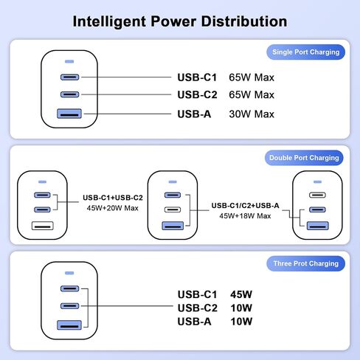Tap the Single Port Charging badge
[305, 52]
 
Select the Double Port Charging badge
[304, 158]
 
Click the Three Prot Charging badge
[305, 263]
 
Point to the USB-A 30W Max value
[252, 114]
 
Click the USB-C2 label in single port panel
[197, 94]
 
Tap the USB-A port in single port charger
[69, 114]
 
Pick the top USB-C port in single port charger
[69, 77]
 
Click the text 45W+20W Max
[113, 208]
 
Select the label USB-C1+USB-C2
[113, 198]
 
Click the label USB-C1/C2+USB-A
[245, 206]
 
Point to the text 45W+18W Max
[245, 216]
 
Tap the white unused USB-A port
[43, 226]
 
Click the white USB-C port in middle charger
[173, 210]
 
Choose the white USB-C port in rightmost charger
[317, 195]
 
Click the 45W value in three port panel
[241, 294]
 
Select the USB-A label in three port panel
[194, 322]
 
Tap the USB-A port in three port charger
[69, 325]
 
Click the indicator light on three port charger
[69, 273]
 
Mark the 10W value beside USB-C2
[241, 308]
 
